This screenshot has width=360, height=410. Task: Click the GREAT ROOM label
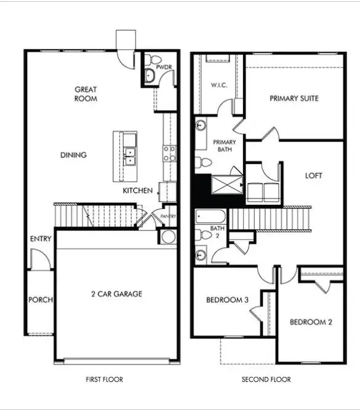(x=86, y=93)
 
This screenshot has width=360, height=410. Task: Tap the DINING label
(x=73, y=155)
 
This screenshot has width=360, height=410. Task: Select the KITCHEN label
(x=138, y=191)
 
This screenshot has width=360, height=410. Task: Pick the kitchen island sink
(x=130, y=156)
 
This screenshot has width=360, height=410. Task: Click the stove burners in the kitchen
(x=168, y=153)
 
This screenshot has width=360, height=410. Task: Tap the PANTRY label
(x=168, y=216)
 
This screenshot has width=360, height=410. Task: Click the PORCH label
(x=41, y=300)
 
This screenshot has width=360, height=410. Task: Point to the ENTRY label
(x=41, y=239)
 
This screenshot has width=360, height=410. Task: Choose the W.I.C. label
(x=220, y=85)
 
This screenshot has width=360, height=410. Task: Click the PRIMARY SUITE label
(x=294, y=98)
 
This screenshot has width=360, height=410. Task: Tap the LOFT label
(x=314, y=175)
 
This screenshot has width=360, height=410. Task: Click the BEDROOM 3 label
(x=226, y=300)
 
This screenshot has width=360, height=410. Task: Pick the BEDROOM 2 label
(x=311, y=322)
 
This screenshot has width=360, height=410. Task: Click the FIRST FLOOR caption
(x=104, y=379)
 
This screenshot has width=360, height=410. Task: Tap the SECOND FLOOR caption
(x=266, y=379)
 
